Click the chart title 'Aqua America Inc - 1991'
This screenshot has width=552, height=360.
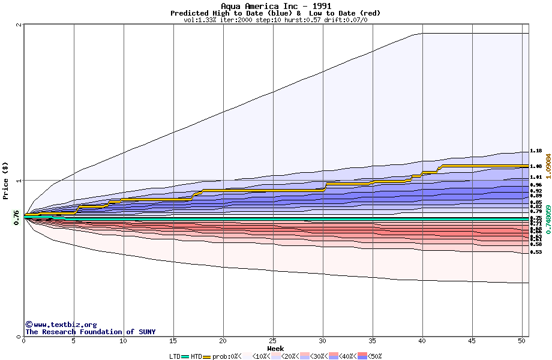[x=275, y=6]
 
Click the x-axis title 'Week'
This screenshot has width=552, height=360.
[x=275, y=349]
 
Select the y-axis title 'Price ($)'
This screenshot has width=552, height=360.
[x=5, y=180]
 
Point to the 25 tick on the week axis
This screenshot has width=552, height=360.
[x=273, y=341]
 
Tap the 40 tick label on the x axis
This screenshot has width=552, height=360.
[x=422, y=341]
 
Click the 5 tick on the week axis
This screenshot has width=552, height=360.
[x=74, y=341]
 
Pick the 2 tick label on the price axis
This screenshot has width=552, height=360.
[x=19, y=25]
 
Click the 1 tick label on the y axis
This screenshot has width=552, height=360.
[x=19, y=180]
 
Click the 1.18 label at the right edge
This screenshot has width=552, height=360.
[x=536, y=151]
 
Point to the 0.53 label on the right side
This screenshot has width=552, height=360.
[x=536, y=253]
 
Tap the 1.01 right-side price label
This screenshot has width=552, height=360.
[x=536, y=177]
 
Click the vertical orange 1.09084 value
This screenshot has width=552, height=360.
[x=548, y=173]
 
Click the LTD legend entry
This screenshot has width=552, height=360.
[x=175, y=356]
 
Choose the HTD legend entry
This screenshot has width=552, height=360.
[x=196, y=356]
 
